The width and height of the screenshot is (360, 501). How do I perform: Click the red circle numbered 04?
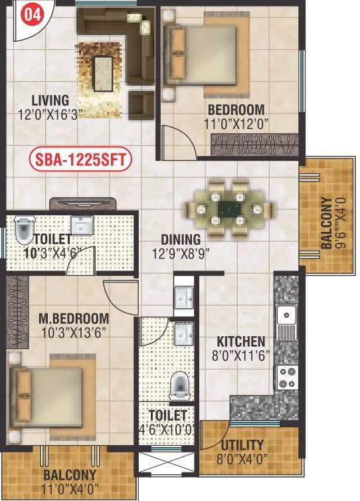point(29,15)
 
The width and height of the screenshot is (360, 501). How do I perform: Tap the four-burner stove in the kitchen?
point(287,377)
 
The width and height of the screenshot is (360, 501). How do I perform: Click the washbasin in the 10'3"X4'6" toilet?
point(82,225)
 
